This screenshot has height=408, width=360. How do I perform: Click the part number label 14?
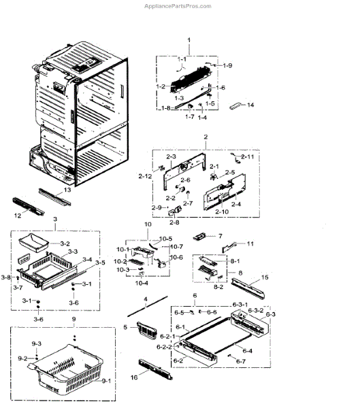(x=250, y=105)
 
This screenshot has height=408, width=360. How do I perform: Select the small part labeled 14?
(x=235, y=105)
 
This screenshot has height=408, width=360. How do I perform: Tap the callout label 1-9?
(x=227, y=65)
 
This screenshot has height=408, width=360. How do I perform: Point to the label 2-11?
(x=246, y=157)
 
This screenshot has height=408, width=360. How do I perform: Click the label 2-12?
(x=144, y=175)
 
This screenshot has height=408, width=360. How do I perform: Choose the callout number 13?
(x=66, y=190)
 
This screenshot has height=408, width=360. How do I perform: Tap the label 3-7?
(x=18, y=288)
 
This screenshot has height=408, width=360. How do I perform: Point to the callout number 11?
(x=250, y=243)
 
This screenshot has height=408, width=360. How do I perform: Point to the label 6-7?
(x=240, y=361)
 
